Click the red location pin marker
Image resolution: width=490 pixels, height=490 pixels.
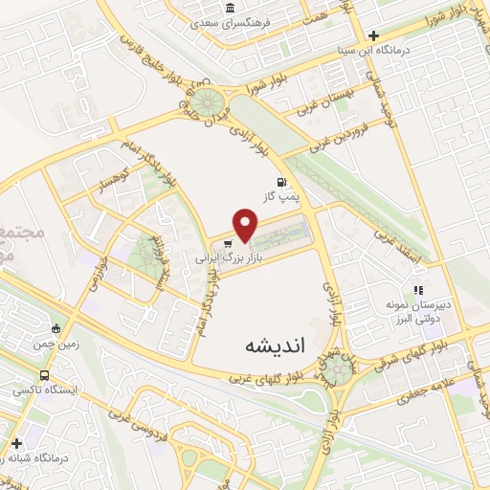[246, 227]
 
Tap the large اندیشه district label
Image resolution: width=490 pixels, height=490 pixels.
[274, 345]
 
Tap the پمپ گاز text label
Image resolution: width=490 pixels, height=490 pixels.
[282, 196]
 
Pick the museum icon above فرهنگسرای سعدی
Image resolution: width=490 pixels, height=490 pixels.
[231, 9]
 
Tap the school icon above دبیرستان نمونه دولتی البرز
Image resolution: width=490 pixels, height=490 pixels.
[417, 290]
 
